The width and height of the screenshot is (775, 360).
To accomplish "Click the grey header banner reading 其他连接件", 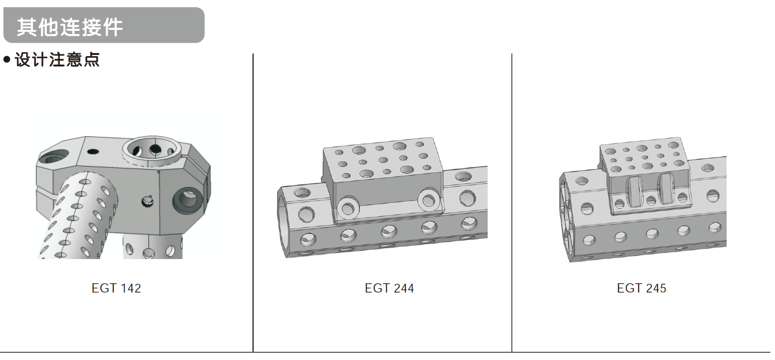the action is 104,25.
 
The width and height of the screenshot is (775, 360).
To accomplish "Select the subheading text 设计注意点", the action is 58,60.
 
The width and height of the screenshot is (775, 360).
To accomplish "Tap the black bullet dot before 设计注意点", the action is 7,60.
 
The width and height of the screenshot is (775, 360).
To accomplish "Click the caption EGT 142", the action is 116,288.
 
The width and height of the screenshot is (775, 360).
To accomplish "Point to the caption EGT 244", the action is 389,288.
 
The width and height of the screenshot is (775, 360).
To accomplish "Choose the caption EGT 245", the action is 642,288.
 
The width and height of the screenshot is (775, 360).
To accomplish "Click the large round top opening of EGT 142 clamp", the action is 151,149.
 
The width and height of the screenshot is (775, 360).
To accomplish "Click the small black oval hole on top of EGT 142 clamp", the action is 93,151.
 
